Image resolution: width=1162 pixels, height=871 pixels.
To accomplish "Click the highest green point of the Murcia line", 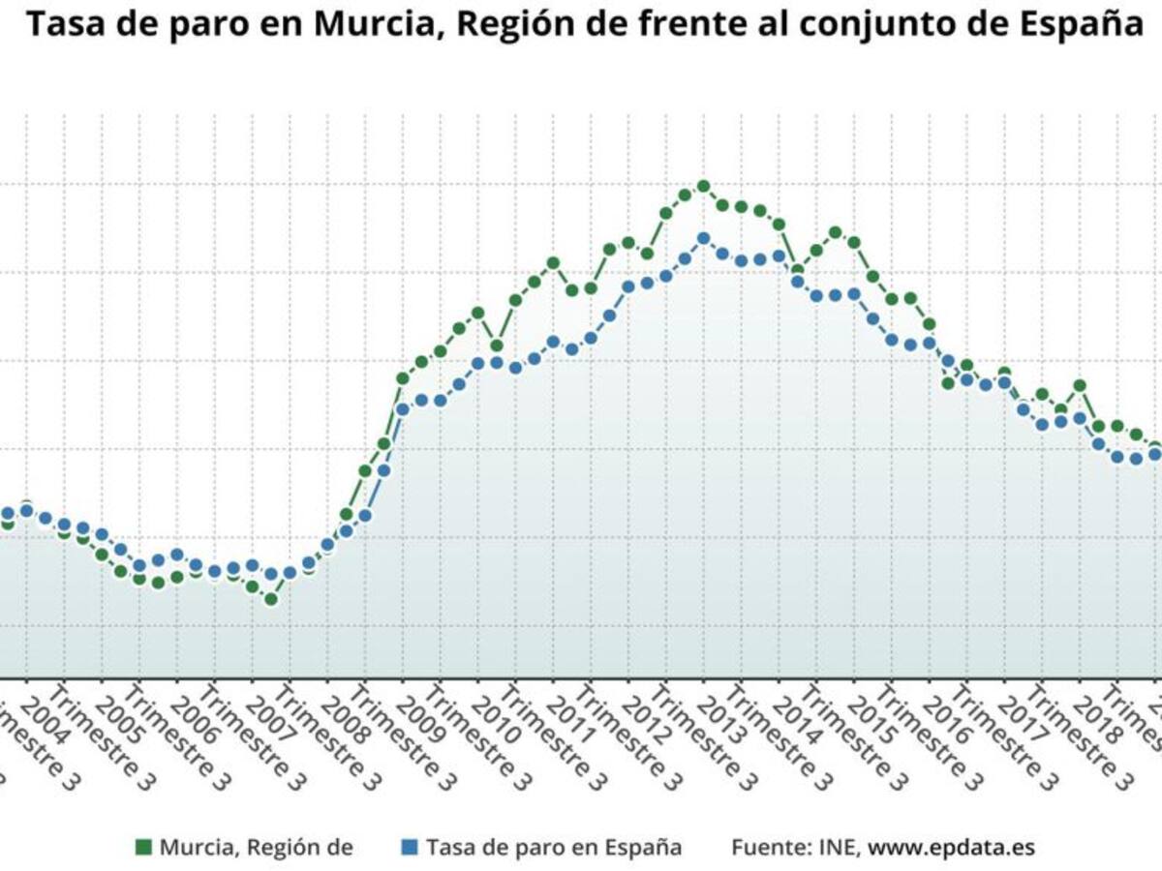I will [x=704, y=186].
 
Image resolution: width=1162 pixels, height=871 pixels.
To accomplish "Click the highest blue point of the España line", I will [x=704, y=238].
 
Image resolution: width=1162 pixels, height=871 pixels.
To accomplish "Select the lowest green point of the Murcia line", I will [x=271, y=600].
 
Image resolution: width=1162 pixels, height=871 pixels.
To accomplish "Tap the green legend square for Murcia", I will [x=143, y=848].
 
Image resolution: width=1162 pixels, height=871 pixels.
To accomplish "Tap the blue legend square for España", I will [x=410, y=848].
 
